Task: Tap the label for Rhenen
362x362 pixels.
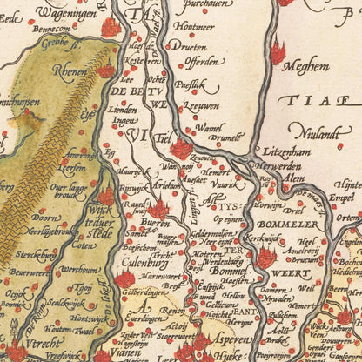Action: (69, 72)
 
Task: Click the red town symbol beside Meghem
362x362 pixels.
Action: (278, 54)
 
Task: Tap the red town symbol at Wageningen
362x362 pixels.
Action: (110, 28)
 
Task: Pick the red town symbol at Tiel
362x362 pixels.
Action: (180, 148)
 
